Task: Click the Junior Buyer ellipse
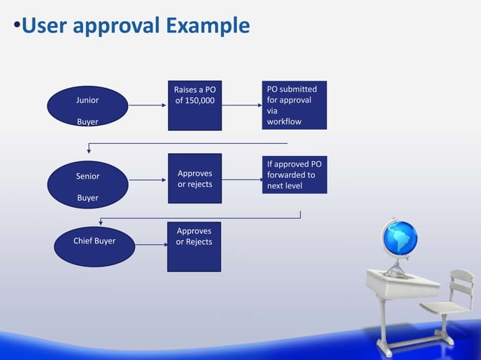click(87, 109)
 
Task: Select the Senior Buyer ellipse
click(87, 186)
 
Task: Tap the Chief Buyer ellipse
click(94, 242)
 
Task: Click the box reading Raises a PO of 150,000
click(195, 105)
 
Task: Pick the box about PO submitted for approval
click(294, 105)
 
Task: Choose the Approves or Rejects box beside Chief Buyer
click(195, 246)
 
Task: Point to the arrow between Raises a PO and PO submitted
click(242, 105)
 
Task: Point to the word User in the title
click(44, 26)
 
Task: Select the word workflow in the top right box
click(286, 121)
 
